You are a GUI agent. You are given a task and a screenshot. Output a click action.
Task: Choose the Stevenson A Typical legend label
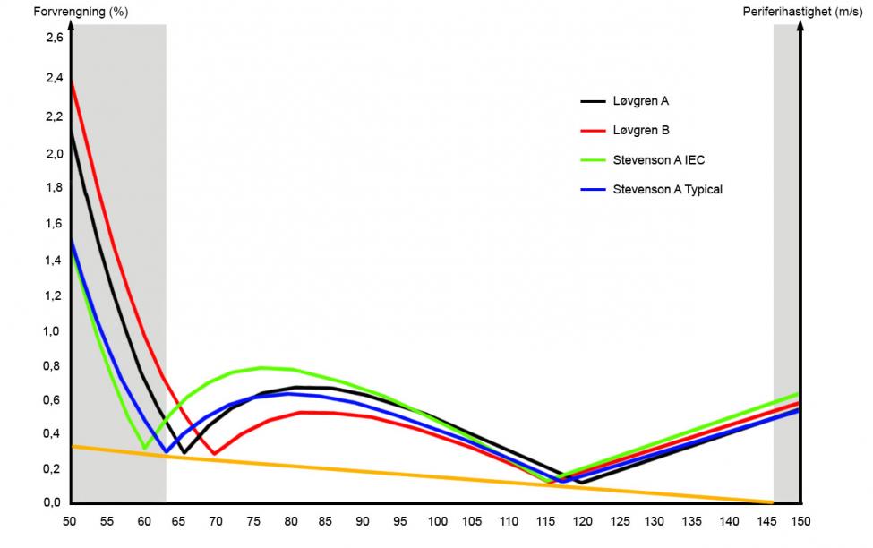[x=666, y=189]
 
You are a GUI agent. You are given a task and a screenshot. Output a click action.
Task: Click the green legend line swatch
[x=594, y=160]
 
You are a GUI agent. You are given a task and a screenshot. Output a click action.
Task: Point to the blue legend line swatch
[x=594, y=189]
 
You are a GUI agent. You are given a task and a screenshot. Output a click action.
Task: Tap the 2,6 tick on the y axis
[x=54, y=39]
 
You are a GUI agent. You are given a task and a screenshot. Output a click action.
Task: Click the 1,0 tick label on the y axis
[x=54, y=331]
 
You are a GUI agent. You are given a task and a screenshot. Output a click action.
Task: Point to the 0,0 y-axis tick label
[x=54, y=502]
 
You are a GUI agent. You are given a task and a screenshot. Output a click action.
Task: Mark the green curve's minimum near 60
[x=144, y=447]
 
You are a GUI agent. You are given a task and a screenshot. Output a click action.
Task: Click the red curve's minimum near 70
[x=214, y=454]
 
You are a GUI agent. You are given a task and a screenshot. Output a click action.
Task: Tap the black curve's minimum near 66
[x=184, y=453]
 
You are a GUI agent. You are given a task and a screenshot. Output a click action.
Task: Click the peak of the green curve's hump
[x=262, y=367]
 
